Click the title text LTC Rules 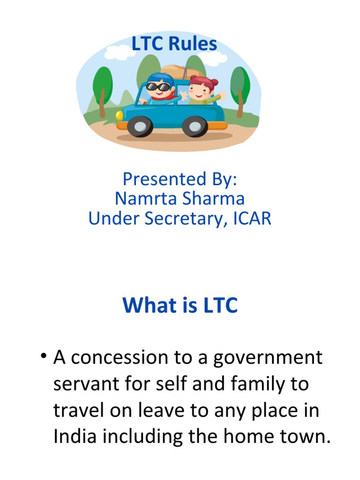point(174,44)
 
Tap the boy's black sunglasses point(157,86)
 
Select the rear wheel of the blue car point(195,126)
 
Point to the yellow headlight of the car point(120,114)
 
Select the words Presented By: point(180,179)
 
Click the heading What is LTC point(180,306)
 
